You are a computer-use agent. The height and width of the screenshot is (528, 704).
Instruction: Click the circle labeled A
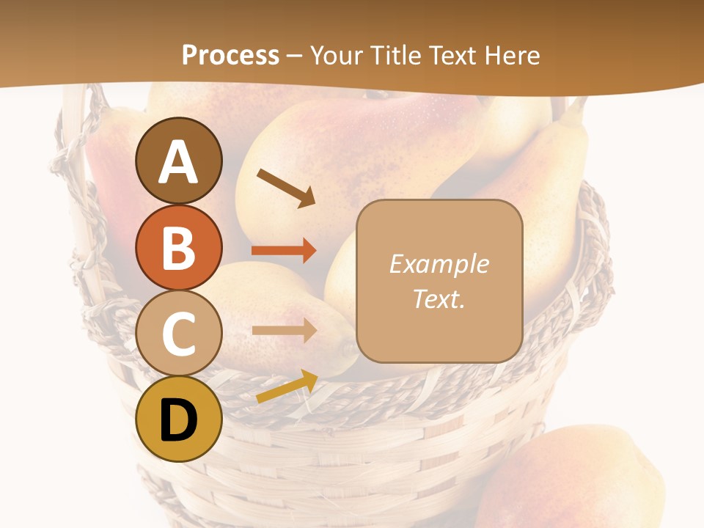[179, 161]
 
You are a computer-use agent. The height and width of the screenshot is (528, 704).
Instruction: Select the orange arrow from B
[284, 251]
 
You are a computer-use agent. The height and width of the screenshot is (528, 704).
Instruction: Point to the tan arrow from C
[284, 330]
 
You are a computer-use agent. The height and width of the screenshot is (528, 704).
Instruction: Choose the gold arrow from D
[287, 386]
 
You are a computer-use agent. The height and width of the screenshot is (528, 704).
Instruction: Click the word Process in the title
[230, 55]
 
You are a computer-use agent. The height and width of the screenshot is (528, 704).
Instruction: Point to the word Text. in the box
[439, 298]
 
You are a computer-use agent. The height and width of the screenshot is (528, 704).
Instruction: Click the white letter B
[179, 247]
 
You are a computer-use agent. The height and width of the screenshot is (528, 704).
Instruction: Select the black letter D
[179, 420]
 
